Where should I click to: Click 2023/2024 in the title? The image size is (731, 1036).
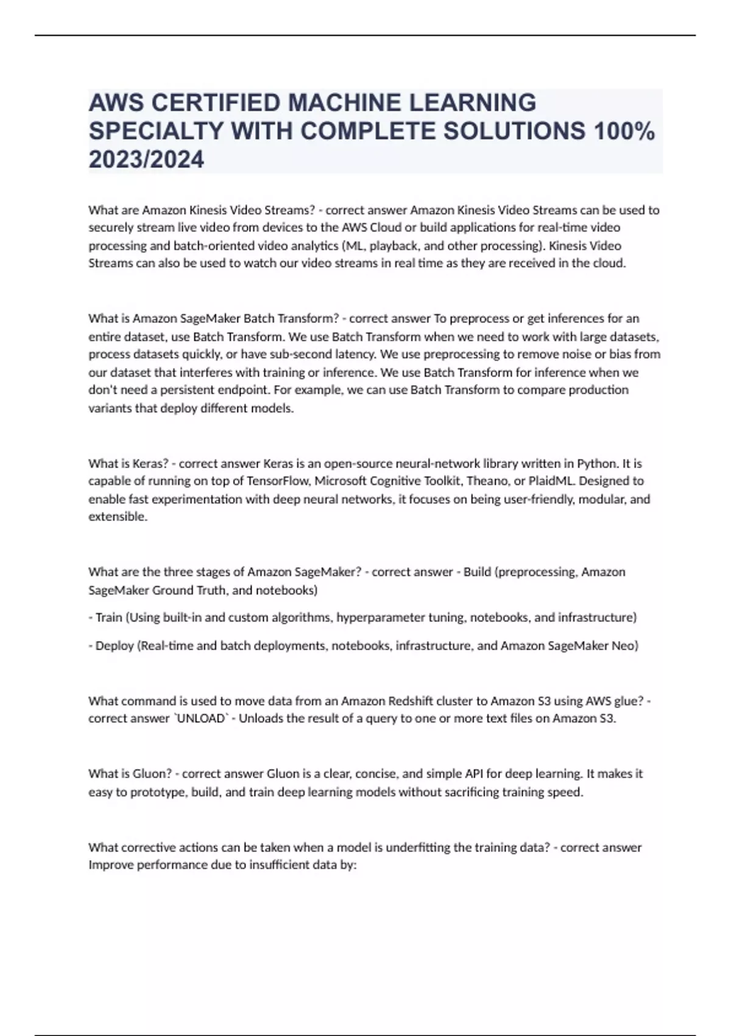pos(146,160)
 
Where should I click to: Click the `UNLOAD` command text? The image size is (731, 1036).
pos(202,718)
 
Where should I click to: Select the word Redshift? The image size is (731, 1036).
pos(409,701)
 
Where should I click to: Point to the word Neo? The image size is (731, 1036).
pos(624,645)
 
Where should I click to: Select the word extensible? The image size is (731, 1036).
pos(118,517)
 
